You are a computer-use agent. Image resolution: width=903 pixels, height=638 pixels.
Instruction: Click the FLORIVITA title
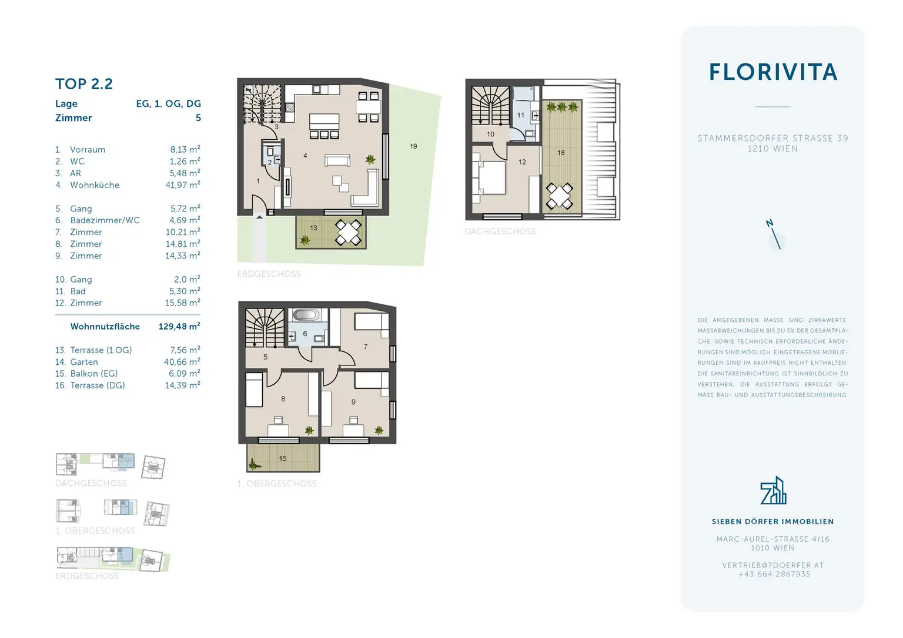coord(772,72)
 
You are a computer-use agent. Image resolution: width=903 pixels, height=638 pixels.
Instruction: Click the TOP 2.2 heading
coord(84,84)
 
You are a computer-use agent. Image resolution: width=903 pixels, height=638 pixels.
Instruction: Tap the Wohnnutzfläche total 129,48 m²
coord(179,326)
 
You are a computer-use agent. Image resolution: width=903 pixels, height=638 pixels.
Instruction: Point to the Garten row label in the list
coord(84,362)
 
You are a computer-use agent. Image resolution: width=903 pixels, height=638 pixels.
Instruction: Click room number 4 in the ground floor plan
coord(305,156)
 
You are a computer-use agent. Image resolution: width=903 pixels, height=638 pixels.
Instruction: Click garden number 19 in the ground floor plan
coord(413,146)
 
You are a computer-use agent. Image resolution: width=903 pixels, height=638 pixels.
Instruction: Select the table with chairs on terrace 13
coord(348,232)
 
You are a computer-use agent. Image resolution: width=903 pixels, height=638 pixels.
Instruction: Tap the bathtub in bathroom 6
coord(306,315)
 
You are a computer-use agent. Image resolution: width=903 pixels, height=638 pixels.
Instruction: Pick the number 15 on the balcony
coord(283,458)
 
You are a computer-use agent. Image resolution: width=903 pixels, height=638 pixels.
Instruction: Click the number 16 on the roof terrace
coord(561,153)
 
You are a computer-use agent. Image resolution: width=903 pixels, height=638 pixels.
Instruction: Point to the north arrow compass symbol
coord(775,236)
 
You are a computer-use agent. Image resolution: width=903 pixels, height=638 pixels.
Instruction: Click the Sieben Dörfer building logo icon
coord(773,491)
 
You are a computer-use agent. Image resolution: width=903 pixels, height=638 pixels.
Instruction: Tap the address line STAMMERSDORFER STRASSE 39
coord(772,138)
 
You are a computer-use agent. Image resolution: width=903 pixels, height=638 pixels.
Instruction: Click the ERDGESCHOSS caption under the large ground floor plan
coord(269,274)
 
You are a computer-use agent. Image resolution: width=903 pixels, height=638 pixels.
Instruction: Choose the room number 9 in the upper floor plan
coord(353,402)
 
